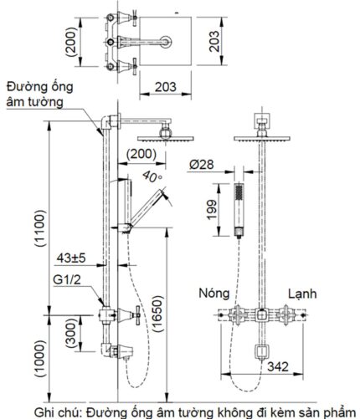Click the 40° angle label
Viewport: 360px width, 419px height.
(152, 176)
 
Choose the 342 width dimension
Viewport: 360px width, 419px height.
(280, 366)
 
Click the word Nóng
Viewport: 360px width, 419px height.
(214, 294)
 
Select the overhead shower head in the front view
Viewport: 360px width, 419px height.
(261, 133)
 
